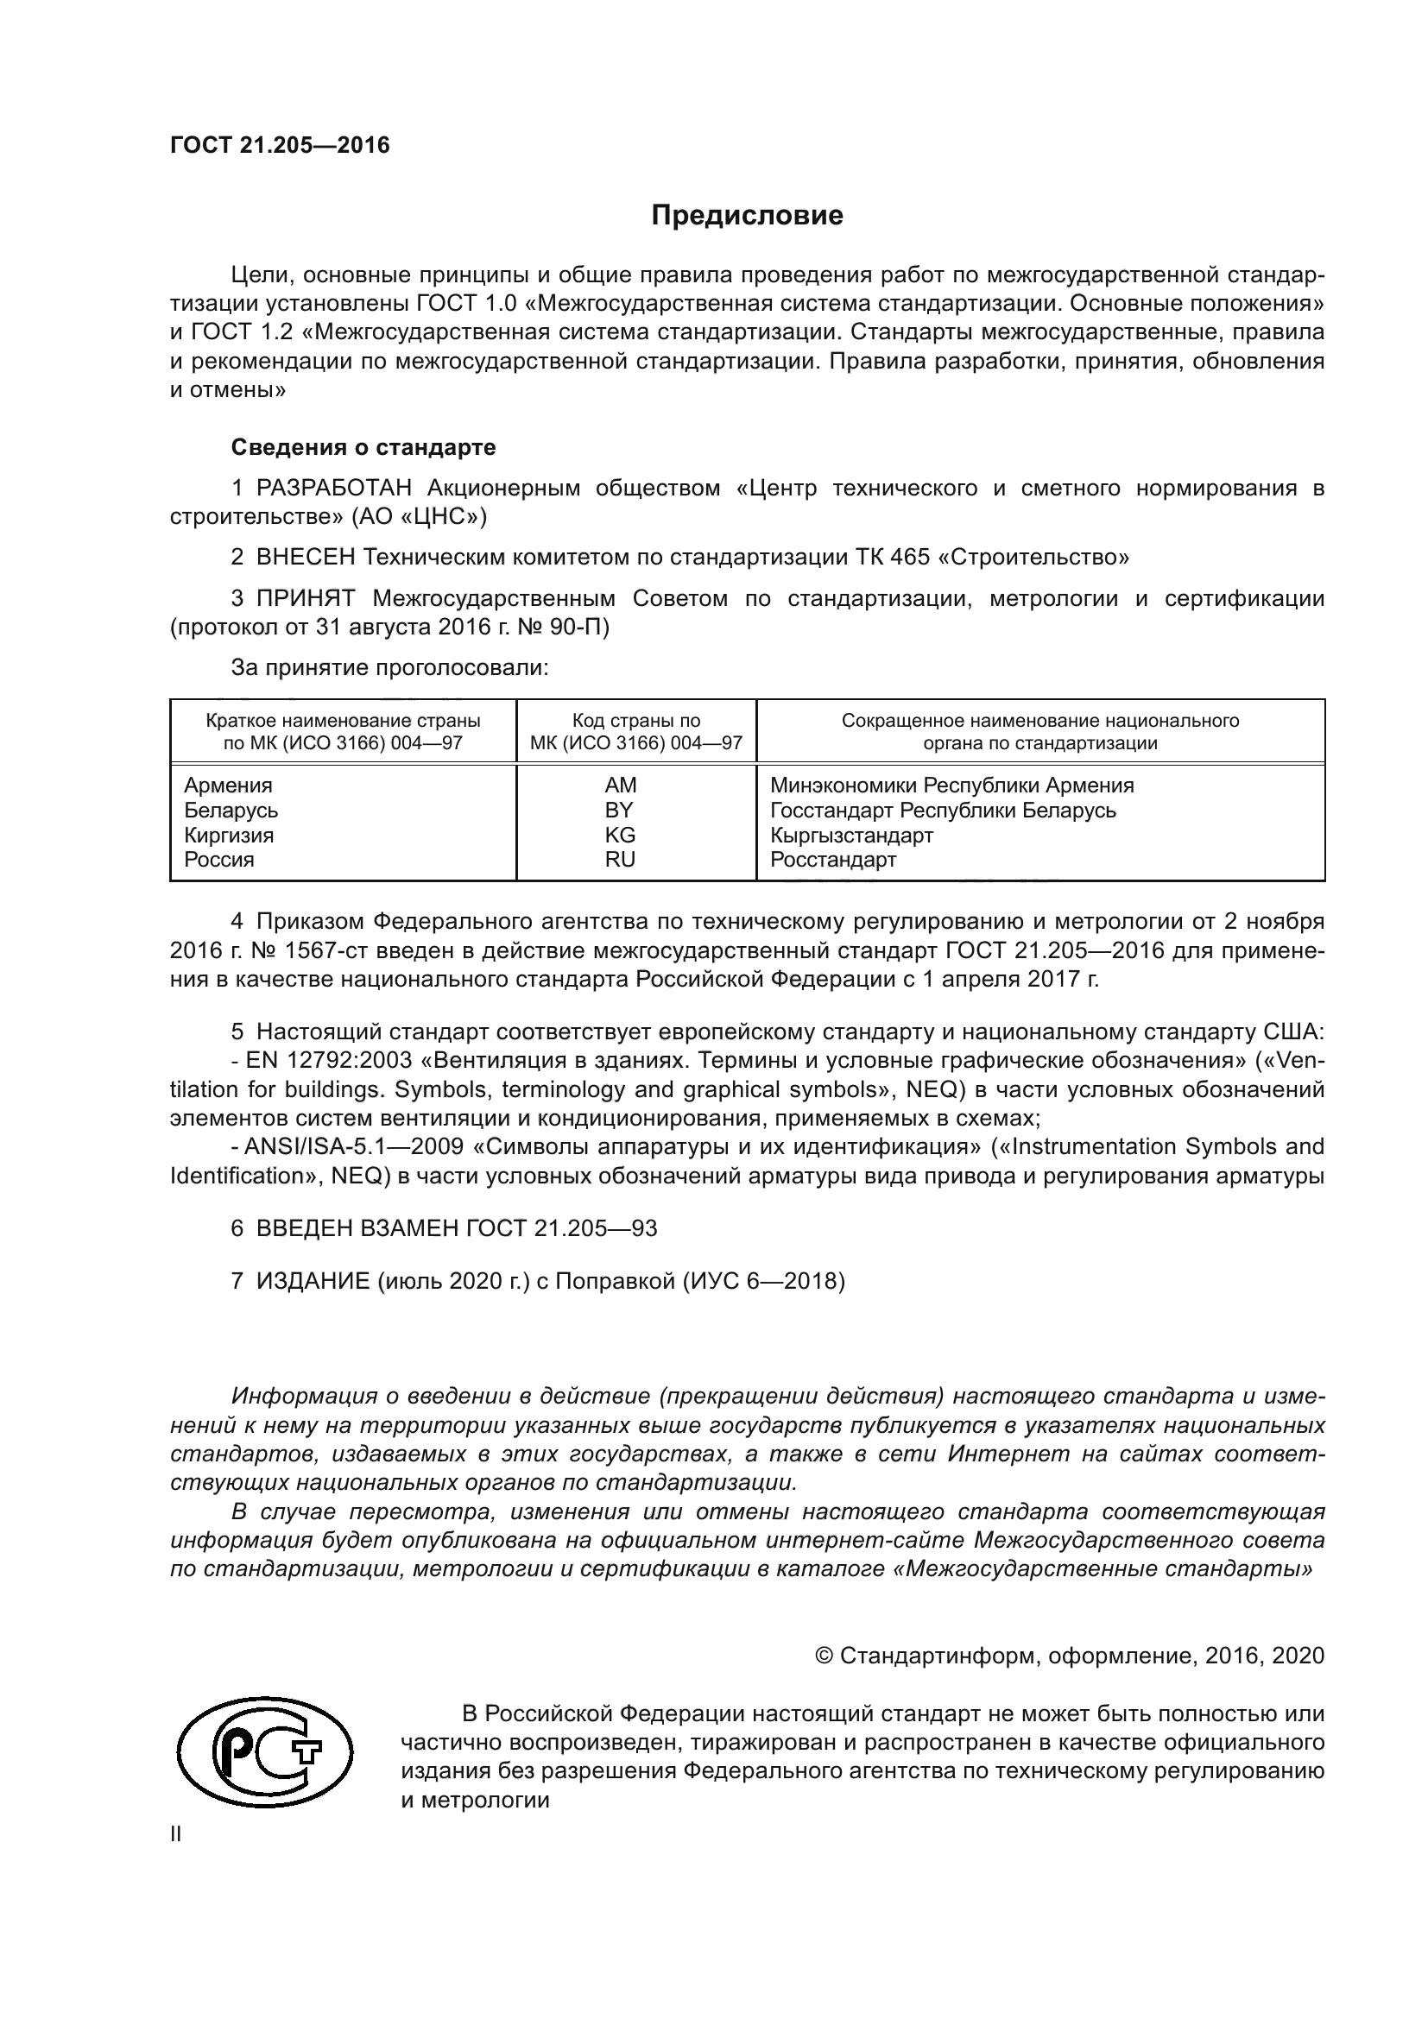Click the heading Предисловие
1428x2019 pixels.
click(747, 216)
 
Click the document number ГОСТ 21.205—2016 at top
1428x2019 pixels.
click(280, 145)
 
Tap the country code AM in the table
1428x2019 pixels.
click(620, 786)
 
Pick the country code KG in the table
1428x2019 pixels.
click(620, 835)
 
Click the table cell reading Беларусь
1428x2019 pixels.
click(231, 810)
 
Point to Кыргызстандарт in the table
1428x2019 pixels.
click(851, 835)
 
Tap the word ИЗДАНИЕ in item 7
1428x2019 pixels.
click(313, 1281)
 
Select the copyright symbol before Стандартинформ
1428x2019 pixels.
click(824, 1656)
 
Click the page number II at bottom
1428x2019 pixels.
click(176, 1834)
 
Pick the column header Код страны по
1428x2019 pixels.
click(636, 721)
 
